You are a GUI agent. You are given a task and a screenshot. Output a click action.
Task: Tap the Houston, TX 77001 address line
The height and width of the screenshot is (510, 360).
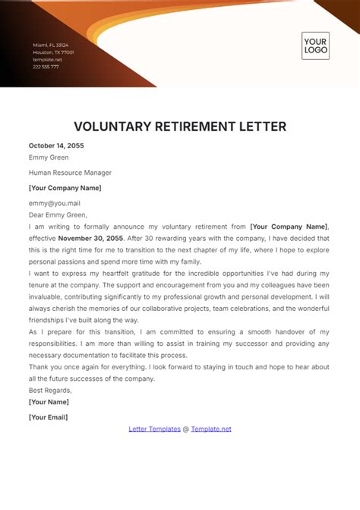pos(53,52)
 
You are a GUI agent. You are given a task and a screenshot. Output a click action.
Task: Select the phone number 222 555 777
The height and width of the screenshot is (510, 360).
pos(46,66)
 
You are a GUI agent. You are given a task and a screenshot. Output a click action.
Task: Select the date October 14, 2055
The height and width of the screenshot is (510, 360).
pos(56,145)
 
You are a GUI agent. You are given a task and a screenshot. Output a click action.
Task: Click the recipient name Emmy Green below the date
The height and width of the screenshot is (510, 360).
pos(49,158)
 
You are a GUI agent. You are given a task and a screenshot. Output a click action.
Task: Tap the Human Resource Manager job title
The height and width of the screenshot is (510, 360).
pos(65,173)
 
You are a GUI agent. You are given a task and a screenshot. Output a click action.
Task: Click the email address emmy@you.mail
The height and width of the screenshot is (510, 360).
pos(55,203)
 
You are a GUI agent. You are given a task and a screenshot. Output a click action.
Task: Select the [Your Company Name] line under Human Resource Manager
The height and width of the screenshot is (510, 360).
pos(65,188)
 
